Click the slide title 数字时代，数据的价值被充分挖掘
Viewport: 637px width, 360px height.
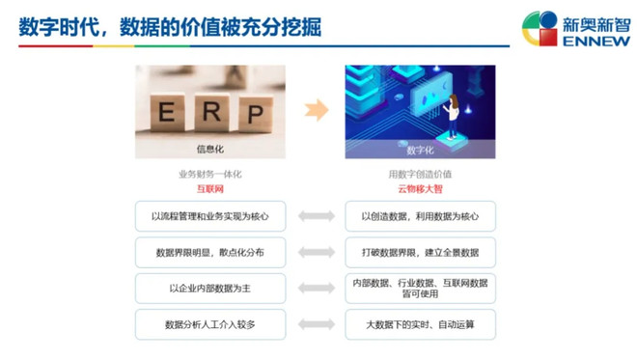(170, 26)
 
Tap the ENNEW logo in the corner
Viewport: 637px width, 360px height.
(576, 28)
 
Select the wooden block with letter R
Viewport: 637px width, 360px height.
(211, 111)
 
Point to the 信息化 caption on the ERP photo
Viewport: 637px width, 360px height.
(210, 150)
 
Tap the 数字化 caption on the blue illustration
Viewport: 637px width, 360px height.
(420, 151)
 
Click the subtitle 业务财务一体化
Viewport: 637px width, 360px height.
(209, 174)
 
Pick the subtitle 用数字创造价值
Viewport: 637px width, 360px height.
(420, 174)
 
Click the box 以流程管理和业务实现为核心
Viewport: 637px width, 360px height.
(210, 216)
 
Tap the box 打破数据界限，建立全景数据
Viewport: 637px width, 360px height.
(420, 252)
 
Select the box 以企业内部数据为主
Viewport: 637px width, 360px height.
(210, 288)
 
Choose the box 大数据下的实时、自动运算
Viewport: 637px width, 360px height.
(420, 323)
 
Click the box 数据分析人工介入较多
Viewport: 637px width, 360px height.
(210, 323)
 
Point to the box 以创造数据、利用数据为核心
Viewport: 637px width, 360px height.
(420, 216)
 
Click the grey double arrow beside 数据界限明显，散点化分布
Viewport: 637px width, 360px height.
(316, 252)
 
